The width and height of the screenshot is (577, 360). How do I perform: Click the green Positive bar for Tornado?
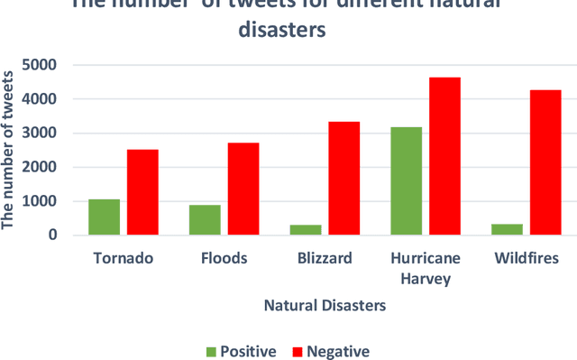104,217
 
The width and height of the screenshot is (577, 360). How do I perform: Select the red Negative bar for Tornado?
142,192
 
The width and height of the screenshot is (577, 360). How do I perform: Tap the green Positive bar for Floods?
205,219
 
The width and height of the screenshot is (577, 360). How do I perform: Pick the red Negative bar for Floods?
243,189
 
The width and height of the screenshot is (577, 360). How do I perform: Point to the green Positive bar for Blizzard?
306,229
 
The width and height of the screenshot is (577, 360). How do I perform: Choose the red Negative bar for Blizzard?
344,178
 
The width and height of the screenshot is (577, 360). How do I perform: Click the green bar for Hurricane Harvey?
407,180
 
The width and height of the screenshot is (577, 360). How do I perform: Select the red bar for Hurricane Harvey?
445,156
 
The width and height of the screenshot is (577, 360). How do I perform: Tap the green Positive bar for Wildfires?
508,229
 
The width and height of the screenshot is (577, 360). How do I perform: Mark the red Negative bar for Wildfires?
546,162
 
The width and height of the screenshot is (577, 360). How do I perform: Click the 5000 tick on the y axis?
41,65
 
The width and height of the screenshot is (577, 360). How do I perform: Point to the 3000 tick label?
41,133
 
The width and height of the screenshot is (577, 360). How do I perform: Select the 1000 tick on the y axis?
41,201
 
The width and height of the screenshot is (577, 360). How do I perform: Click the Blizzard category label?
325,258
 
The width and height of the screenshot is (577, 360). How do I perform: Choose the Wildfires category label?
527,258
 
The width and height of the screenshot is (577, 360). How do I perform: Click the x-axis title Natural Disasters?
325,305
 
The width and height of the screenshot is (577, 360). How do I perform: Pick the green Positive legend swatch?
212,351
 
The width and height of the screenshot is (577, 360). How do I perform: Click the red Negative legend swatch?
298,351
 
